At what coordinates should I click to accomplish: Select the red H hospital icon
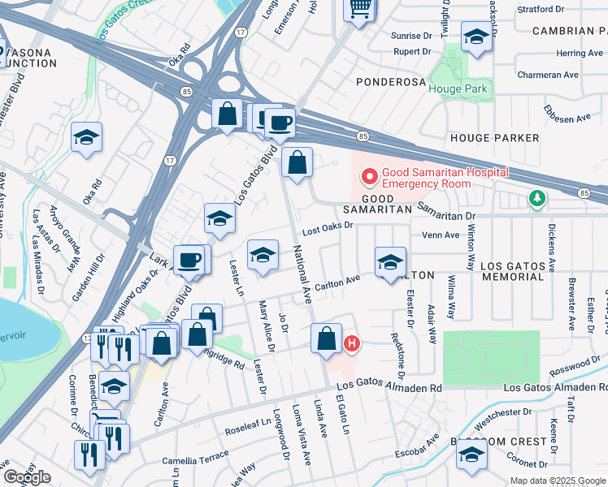pos(352,344)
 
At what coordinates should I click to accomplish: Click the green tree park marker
pos(536,198)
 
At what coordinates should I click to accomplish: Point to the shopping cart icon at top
pos(358,10)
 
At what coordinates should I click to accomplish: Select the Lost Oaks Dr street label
pos(329,227)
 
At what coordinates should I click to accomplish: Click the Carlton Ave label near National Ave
pos(337,281)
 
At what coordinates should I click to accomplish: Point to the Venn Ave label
pos(441,235)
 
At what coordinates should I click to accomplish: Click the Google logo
pos(26,477)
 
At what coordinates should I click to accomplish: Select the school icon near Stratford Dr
pos(476,36)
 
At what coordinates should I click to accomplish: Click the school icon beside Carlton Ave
pos(391,262)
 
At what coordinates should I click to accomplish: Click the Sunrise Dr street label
pos(411,36)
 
